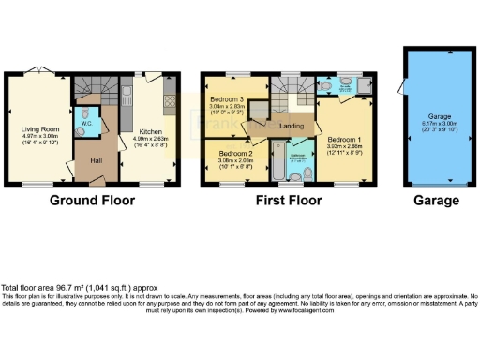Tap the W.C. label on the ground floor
coord(85,122)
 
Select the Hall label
coord(96,160)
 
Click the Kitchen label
coord(152,131)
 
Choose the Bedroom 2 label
coord(236,152)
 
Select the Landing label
coord(290,126)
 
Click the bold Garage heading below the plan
coord(439,201)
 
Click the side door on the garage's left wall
coord(404,94)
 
